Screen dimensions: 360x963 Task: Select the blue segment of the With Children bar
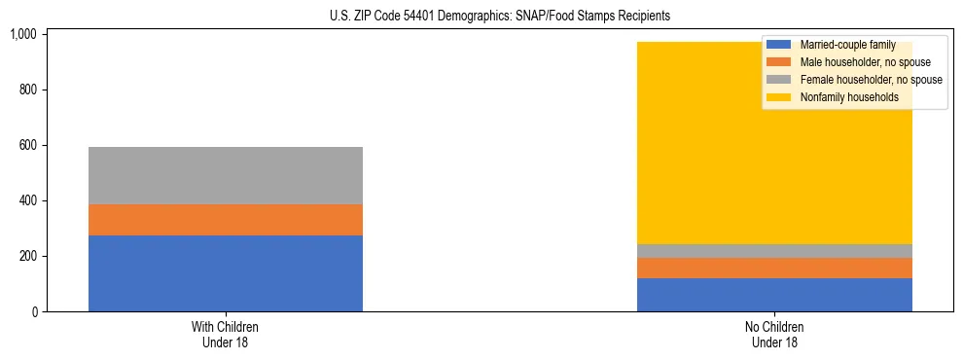pos(226,273)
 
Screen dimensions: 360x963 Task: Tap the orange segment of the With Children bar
pos(226,220)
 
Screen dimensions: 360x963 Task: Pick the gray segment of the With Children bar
pos(226,176)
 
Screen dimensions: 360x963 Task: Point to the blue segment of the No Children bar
pos(774,295)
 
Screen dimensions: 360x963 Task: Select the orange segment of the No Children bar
pos(774,268)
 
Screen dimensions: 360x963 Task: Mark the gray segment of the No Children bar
pos(774,251)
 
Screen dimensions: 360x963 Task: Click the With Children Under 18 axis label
pos(226,335)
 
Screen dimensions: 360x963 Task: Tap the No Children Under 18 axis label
pos(774,335)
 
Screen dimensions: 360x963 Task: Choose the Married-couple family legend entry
pos(846,46)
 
